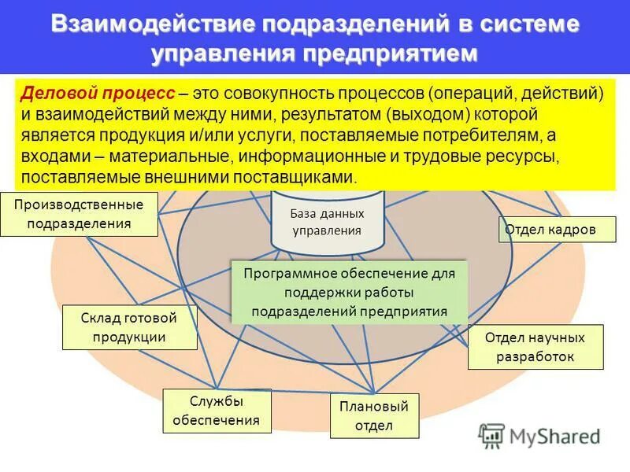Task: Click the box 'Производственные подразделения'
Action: (79, 214)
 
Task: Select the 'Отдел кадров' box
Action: (550, 230)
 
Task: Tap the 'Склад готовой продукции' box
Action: (129, 327)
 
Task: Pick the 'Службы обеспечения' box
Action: (217, 411)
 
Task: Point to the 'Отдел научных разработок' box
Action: (535, 347)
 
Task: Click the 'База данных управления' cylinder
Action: (327, 221)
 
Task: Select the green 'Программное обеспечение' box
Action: (350, 291)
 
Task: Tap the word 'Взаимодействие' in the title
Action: (152, 24)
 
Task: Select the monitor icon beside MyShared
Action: (492, 435)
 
